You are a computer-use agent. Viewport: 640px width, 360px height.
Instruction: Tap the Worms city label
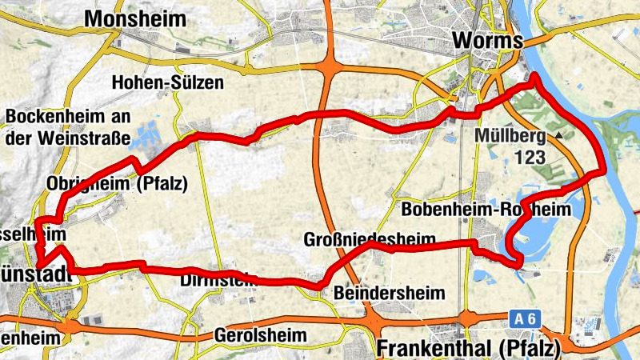coord(487,40)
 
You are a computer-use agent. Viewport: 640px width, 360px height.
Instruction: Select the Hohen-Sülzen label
coord(168,82)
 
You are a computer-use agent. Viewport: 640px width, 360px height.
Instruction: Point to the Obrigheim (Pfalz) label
coord(117,183)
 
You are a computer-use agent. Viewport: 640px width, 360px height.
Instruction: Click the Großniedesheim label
coord(370,239)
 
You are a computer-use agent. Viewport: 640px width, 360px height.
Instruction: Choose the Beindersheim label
coord(390,294)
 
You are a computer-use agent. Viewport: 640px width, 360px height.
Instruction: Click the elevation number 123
coord(530,157)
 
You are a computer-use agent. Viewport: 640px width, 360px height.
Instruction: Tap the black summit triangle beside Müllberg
coord(559,136)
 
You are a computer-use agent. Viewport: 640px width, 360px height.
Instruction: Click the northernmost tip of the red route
coord(534,77)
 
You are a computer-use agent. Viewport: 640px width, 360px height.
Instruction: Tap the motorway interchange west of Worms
coord(328,66)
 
